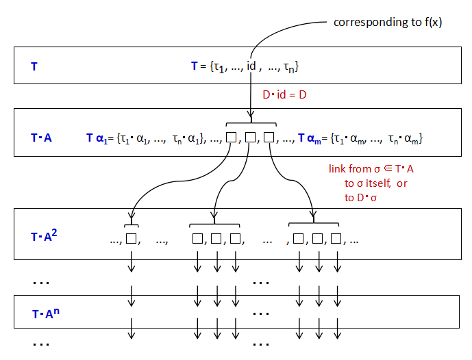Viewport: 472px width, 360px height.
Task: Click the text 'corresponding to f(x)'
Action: (388, 22)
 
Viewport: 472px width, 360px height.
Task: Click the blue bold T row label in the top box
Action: (34, 66)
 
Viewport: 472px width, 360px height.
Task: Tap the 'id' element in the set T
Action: (251, 66)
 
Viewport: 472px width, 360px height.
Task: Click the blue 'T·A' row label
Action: (41, 138)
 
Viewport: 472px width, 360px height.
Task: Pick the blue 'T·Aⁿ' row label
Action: (45, 314)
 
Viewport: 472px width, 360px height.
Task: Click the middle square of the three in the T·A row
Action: (250, 137)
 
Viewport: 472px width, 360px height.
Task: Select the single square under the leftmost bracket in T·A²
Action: (132, 239)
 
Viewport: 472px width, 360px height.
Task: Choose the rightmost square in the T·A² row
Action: (336, 239)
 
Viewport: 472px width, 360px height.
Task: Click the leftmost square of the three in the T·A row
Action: (232, 137)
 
